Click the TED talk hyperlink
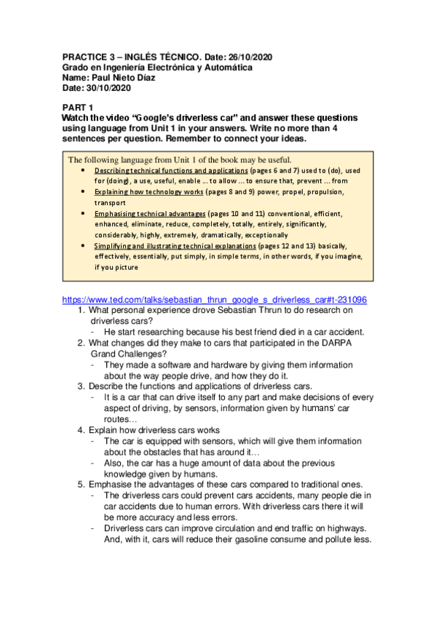pyautogui.click(x=215, y=299)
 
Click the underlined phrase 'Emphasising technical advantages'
pyautogui.click(x=150, y=214)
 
